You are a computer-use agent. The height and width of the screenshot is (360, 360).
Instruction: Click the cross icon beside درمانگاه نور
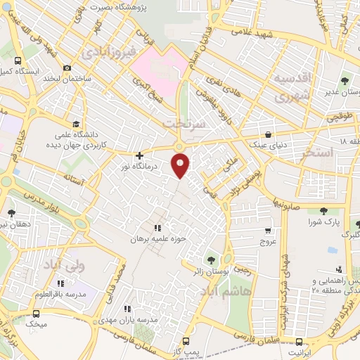[139, 155]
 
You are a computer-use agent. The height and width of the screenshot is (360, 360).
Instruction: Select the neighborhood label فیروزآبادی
[105, 53]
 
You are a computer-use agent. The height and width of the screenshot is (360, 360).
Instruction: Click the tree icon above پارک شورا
[324, 211]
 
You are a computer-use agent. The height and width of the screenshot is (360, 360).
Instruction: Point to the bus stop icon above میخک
[36, 314]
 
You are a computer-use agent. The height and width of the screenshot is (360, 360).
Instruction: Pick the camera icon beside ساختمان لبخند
[67, 68]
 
